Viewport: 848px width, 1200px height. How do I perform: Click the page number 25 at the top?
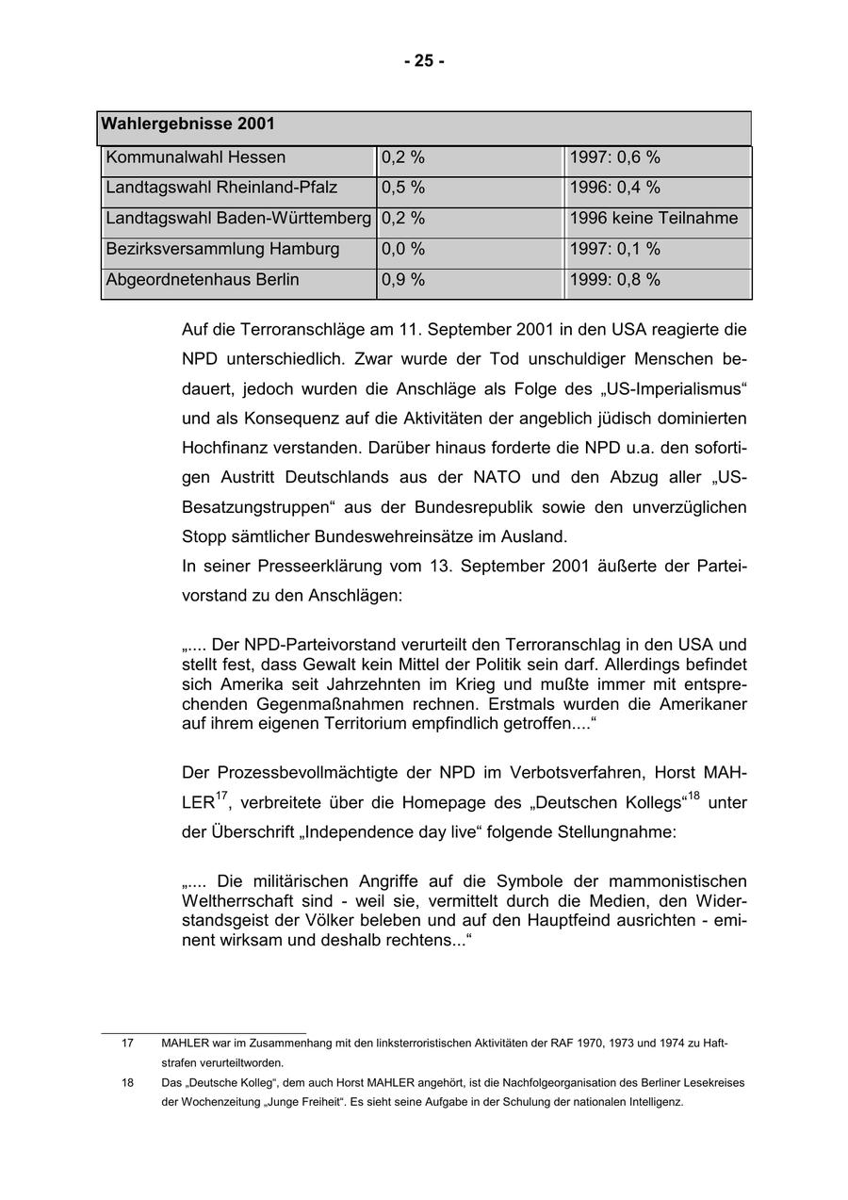[424, 61]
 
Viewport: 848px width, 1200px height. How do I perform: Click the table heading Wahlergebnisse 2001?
[188, 124]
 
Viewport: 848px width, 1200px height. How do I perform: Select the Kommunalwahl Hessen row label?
[196, 157]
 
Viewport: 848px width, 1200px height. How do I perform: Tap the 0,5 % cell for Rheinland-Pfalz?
[403, 188]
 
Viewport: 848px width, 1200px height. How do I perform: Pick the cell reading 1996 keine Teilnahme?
[654, 219]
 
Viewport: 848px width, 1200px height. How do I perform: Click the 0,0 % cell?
[403, 249]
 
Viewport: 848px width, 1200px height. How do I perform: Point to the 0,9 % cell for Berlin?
[403, 279]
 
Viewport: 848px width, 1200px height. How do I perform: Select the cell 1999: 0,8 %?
[614, 279]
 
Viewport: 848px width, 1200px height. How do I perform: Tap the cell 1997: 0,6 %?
[614, 157]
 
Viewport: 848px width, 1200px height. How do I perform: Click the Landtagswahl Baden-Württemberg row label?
[238, 219]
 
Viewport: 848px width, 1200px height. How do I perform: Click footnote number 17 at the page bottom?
[127, 1044]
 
